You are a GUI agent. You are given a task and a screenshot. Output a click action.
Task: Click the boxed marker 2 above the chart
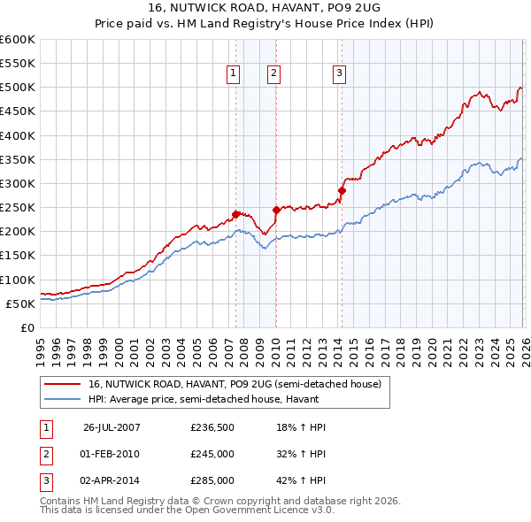(274, 73)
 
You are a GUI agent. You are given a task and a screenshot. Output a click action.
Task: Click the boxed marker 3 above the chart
(340, 73)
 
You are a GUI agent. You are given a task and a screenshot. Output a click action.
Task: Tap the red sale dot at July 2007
(236, 213)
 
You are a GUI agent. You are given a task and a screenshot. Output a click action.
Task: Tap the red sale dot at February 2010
(275, 210)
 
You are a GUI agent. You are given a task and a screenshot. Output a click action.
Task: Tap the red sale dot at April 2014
(342, 190)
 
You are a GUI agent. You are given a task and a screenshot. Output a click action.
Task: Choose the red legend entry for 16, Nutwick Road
(235, 384)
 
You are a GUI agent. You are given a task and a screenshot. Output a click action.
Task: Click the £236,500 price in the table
(212, 427)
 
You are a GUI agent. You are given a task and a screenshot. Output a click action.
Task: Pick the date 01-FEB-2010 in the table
(110, 454)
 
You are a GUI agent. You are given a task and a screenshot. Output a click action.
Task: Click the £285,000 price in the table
(212, 481)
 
